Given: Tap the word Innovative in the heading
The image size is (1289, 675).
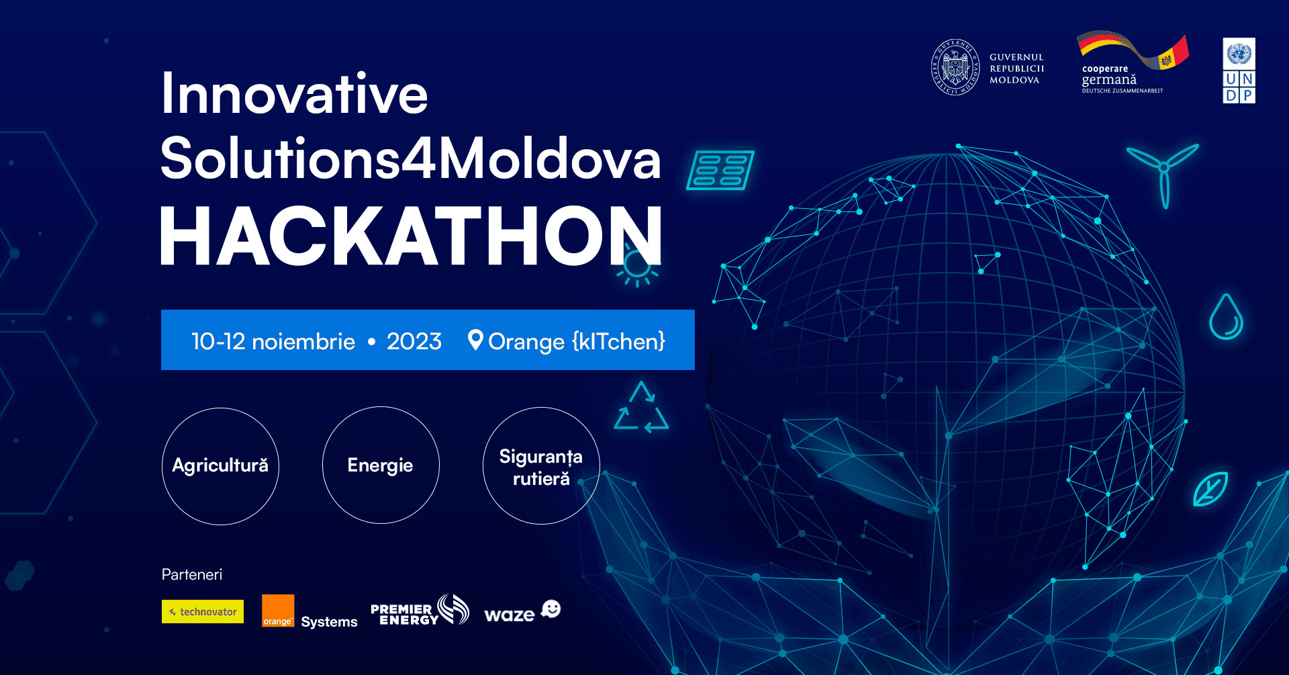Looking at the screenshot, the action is [x=294, y=93].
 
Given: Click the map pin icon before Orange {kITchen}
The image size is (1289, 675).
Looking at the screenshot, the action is [x=475, y=341].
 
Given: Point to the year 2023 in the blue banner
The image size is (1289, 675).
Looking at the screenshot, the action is [x=414, y=341].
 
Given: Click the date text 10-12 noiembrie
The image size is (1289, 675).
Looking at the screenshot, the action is [x=273, y=341].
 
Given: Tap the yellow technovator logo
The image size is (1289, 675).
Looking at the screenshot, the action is [x=203, y=611].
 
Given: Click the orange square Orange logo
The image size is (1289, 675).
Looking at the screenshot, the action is [x=278, y=611].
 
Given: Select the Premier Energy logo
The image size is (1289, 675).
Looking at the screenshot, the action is [x=420, y=611].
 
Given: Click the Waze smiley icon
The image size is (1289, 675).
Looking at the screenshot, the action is [x=551, y=609].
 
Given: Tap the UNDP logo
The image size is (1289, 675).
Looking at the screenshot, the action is [x=1239, y=71].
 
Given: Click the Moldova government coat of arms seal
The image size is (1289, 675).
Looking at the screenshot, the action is [x=955, y=67].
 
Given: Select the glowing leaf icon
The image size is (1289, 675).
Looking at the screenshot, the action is [x=1210, y=489].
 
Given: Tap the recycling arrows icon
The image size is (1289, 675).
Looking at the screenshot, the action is [x=641, y=407].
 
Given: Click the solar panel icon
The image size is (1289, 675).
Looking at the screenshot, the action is [x=720, y=171].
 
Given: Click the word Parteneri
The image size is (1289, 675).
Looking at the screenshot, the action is [x=192, y=574].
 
